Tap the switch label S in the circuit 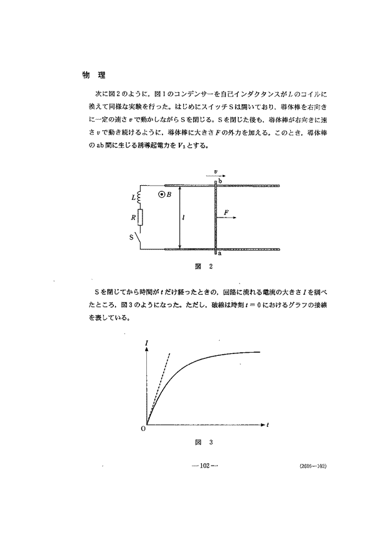(131, 237)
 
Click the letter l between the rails (184, 218)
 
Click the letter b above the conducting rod (220, 181)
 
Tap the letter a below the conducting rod (220, 254)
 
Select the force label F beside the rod (226, 213)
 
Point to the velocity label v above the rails (215, 170)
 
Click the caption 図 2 (204, 267)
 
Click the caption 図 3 (204, 443)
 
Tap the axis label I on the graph (146, 342)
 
